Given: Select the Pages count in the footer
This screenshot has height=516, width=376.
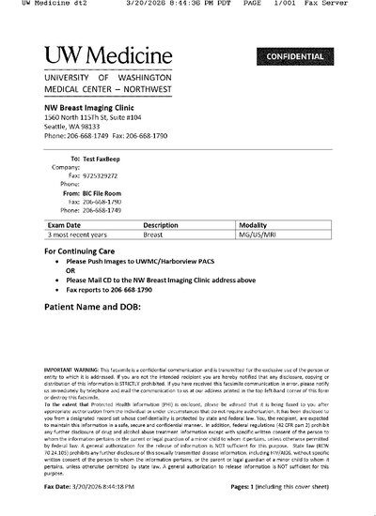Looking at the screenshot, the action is point(283,489).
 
